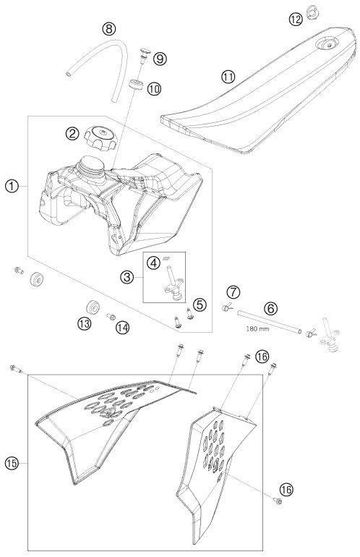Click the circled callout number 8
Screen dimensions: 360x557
pos(109,28)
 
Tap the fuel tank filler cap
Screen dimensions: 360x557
pos(100,137)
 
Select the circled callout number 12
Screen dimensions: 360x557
pos(296,20)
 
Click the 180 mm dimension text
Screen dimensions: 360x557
pos(257,328)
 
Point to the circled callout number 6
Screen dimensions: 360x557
pos(271,308)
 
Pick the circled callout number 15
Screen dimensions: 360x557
pos(12,463)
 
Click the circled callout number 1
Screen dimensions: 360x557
pos(12,186)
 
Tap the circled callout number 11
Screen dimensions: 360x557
pos(228,77)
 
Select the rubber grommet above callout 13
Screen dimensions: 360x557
pos(93,307)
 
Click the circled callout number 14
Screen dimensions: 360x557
pos(122,328)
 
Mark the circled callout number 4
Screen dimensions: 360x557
pos(153,263)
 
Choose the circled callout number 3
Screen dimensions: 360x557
pos(127,277)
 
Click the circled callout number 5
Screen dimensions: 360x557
pos(200,305)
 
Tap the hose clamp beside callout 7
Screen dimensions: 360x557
pos(226,307)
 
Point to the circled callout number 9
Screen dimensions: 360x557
pos(160,59)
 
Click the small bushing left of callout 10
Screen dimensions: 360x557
pos(136,85)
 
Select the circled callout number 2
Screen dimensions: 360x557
pos(72,134)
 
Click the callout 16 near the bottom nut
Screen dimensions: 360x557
pos(286,490)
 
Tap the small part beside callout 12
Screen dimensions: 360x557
pos(312,12)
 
